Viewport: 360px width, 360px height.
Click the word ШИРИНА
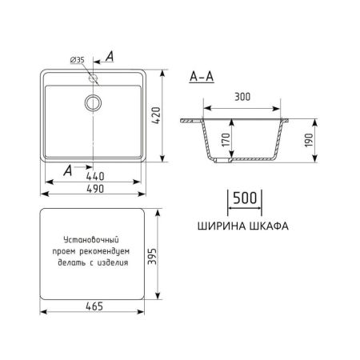(x=218, y=226)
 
